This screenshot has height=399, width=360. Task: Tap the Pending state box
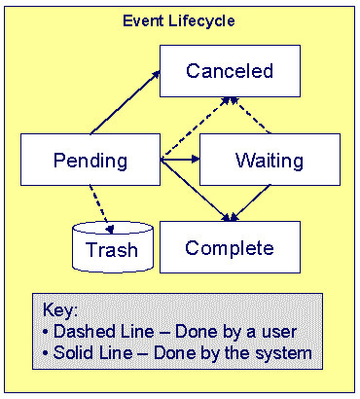pos(90,160)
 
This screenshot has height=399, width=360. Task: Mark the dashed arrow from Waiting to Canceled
pos(249,115)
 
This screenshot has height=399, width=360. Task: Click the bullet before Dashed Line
pos(47,331)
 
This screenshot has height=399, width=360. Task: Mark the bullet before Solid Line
pos(47,352)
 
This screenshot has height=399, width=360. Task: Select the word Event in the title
pos(142,19)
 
